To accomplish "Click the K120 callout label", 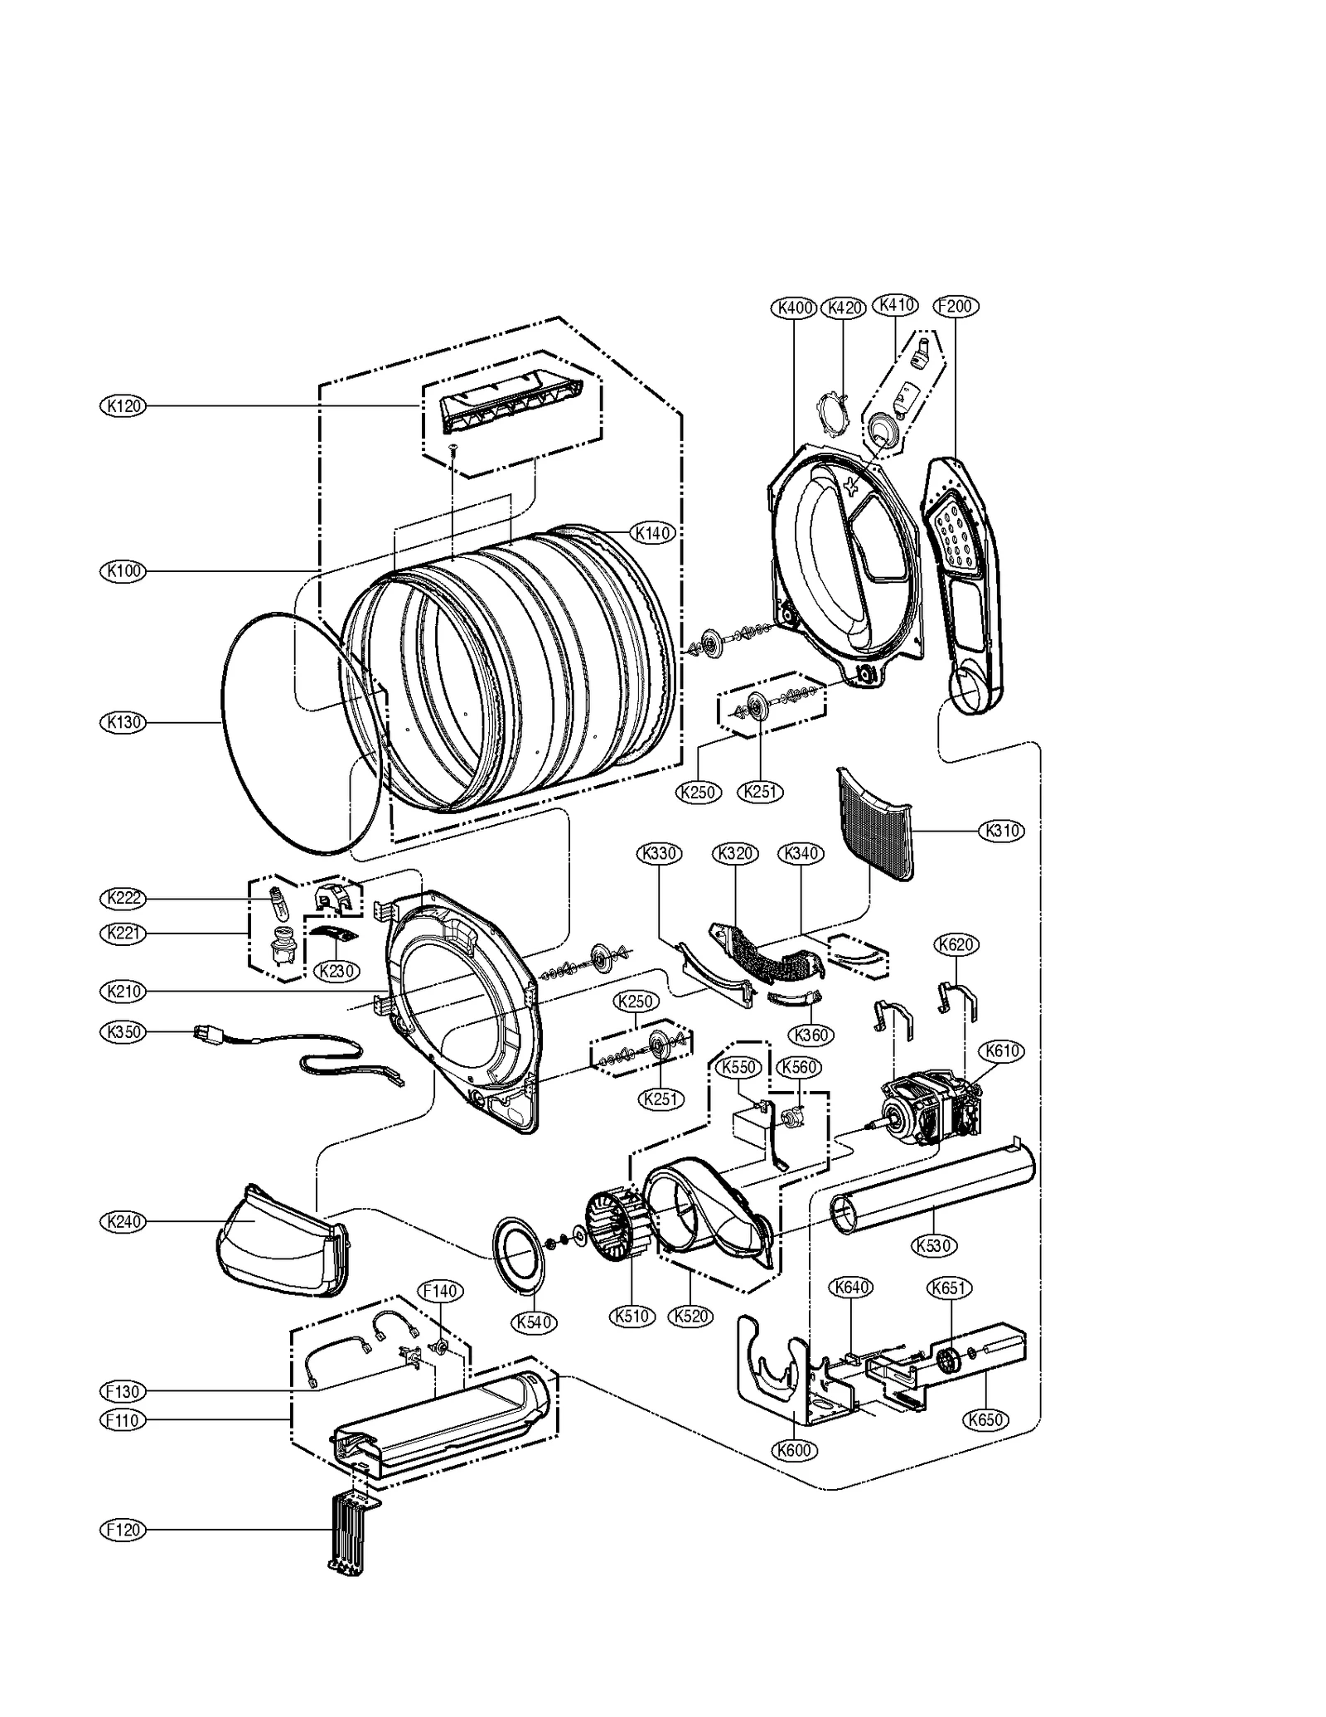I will (x=123, y=406).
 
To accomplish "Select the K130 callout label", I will (x=123, y=722).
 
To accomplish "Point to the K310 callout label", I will (x=1001, y=831).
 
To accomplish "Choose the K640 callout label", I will (x=852, y=1288).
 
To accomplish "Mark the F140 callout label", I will (x=440, y=1291).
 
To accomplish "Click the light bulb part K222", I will (x=277, y=903).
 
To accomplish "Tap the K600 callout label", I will (x=794, y=1450).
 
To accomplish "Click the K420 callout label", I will (x=843, y=308).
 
